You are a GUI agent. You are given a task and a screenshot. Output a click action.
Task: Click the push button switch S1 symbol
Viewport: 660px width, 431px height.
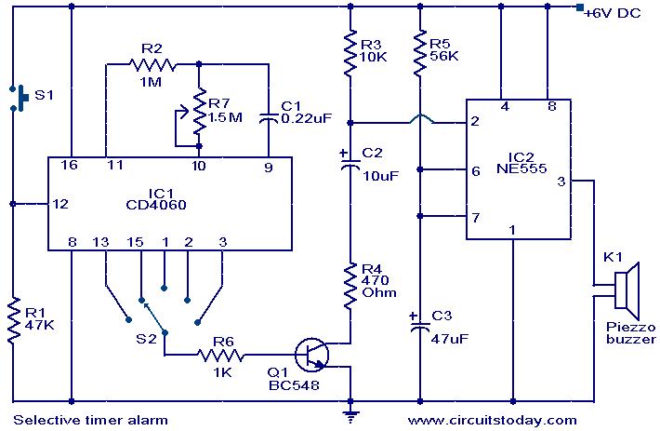(19, 98)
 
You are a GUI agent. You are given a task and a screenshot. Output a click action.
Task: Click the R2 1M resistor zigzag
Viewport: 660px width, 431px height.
(152, 65)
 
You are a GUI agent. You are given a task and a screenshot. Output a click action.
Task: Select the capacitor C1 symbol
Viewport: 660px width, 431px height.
(268, 118)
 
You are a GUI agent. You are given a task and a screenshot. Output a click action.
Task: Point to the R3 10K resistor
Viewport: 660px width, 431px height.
(350, 53)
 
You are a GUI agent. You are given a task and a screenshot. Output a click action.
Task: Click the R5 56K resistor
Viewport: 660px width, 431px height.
(419, 53)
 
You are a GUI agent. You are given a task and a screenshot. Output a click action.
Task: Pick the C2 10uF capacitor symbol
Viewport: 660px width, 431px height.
(350, 163)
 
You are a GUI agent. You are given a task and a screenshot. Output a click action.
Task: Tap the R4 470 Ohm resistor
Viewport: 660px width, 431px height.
(350, 287)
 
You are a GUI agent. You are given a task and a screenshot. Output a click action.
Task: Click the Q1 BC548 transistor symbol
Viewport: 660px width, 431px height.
(311, 355)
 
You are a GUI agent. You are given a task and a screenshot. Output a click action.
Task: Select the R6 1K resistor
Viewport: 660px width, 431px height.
(220, 356)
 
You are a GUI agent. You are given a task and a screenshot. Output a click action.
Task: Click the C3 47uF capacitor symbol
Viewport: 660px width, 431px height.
(419, 324)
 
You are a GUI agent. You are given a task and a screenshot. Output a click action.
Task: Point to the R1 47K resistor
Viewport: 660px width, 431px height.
(13, 319)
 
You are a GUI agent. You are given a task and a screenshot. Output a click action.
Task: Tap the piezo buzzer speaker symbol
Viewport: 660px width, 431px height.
(627, 290)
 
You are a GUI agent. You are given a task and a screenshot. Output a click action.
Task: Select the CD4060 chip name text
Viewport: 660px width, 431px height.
(156, 205)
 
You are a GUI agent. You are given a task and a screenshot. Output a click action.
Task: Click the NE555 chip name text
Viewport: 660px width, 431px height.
(521, 168)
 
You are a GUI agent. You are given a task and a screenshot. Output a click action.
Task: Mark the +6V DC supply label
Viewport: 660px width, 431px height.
(613, 13)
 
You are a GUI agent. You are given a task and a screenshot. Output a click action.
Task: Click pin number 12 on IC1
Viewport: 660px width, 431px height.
(60, 204)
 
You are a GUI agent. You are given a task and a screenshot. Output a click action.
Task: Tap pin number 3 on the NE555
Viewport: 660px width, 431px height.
(561, 182)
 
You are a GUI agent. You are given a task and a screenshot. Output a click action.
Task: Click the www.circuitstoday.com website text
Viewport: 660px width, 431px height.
(492, 420)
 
